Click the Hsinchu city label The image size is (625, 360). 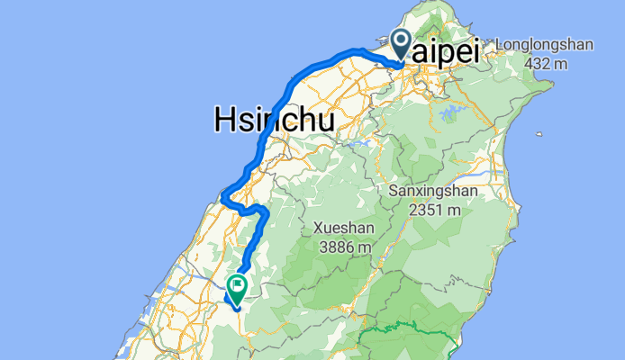coord(274,120)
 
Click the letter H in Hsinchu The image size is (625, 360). coord(224,120)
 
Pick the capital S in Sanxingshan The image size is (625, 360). coord(394,192)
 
